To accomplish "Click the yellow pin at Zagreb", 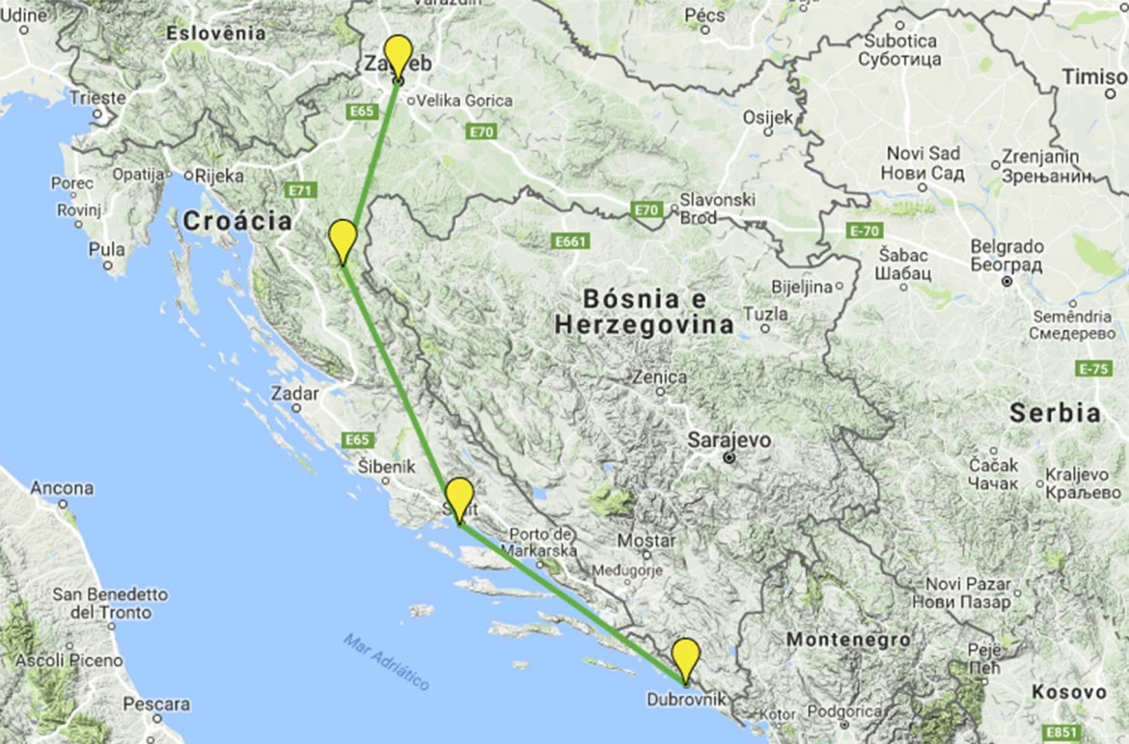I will (398, 54).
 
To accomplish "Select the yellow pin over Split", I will (459, 496).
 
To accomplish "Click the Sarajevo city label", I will (730, 440).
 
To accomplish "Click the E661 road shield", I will (569, 240).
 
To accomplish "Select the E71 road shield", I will (301, 191).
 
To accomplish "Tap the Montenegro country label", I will (847, 639).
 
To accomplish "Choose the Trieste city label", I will (97, 97).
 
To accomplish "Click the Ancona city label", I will (62, 488).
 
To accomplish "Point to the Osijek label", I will (767, 117).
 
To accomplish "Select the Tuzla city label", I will (767, 314).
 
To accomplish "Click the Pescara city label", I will (155, 705).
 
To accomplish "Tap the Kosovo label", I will (1068, 692).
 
